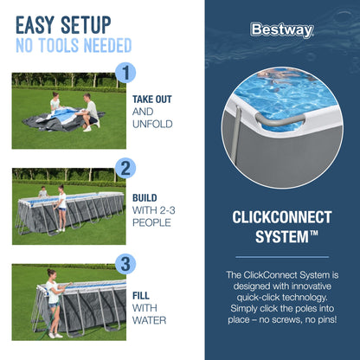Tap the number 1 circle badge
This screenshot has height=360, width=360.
[x=126, y=74]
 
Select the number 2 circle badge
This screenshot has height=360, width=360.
[x=126, y=168]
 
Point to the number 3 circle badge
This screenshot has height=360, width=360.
[x=126, y=263]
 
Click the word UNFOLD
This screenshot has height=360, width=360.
[x=152, y=124]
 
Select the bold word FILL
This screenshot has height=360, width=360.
[x=142, y=294]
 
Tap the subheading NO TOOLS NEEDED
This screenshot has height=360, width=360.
[x=73, y=45]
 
